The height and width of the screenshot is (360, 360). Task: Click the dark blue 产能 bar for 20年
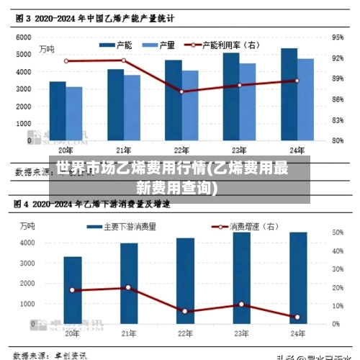click(58, 112)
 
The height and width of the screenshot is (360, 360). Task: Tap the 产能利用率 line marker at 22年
click(182, 91)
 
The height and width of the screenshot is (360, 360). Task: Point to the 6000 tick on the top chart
click(23, 36)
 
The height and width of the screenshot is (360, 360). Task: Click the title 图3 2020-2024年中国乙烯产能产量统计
click(94, 16)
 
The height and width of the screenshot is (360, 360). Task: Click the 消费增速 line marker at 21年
click(128, 287)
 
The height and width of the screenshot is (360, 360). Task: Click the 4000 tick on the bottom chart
click(26, 243)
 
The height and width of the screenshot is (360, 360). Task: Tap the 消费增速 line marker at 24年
click(297, 317)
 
